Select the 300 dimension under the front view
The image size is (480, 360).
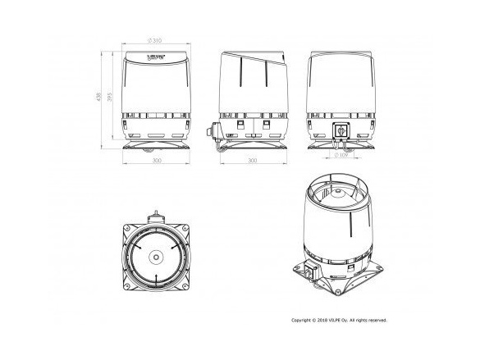pyautogui.click(x=156, y=161)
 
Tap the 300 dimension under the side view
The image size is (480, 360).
pyautogui.click(x=253, y=161)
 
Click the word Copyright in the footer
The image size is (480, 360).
pyautogui.click(x=304, y=321)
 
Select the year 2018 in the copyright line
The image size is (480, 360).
pyautogui.click(x=326, y=321)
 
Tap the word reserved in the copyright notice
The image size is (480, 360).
pyautogui.click(x=378, y=321)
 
